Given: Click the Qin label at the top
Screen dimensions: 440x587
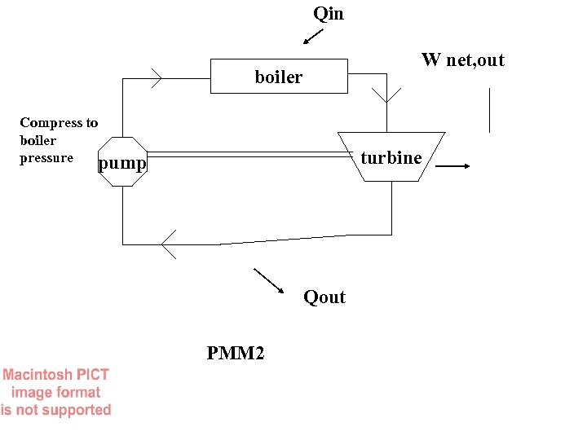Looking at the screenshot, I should click(329, 14).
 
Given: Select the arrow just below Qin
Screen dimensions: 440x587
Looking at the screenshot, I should click(312, 37).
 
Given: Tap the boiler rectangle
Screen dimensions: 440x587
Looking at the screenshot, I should click(236, 76).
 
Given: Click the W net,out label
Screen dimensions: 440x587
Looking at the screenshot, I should click(462, 59).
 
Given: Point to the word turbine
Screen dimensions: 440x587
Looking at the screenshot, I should click(391, 158).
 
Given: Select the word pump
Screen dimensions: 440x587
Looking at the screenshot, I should click(122, 165).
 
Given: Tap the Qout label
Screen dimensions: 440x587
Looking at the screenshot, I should click(324, 297).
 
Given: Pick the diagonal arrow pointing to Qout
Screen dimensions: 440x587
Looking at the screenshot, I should click(269, 280).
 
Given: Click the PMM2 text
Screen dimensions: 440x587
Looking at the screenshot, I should click(236, 354).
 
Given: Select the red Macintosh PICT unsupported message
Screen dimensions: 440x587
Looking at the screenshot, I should click(55, 393).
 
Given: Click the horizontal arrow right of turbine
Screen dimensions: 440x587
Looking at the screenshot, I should click(453, 166).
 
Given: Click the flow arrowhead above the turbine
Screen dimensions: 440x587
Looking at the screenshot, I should click(391, 93).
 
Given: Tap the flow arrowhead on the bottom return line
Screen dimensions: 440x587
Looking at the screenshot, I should click(168, 244).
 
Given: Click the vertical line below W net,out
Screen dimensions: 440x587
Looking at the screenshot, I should click(489, 110).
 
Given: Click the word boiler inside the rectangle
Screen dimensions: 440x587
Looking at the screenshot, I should click(279, 77).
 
